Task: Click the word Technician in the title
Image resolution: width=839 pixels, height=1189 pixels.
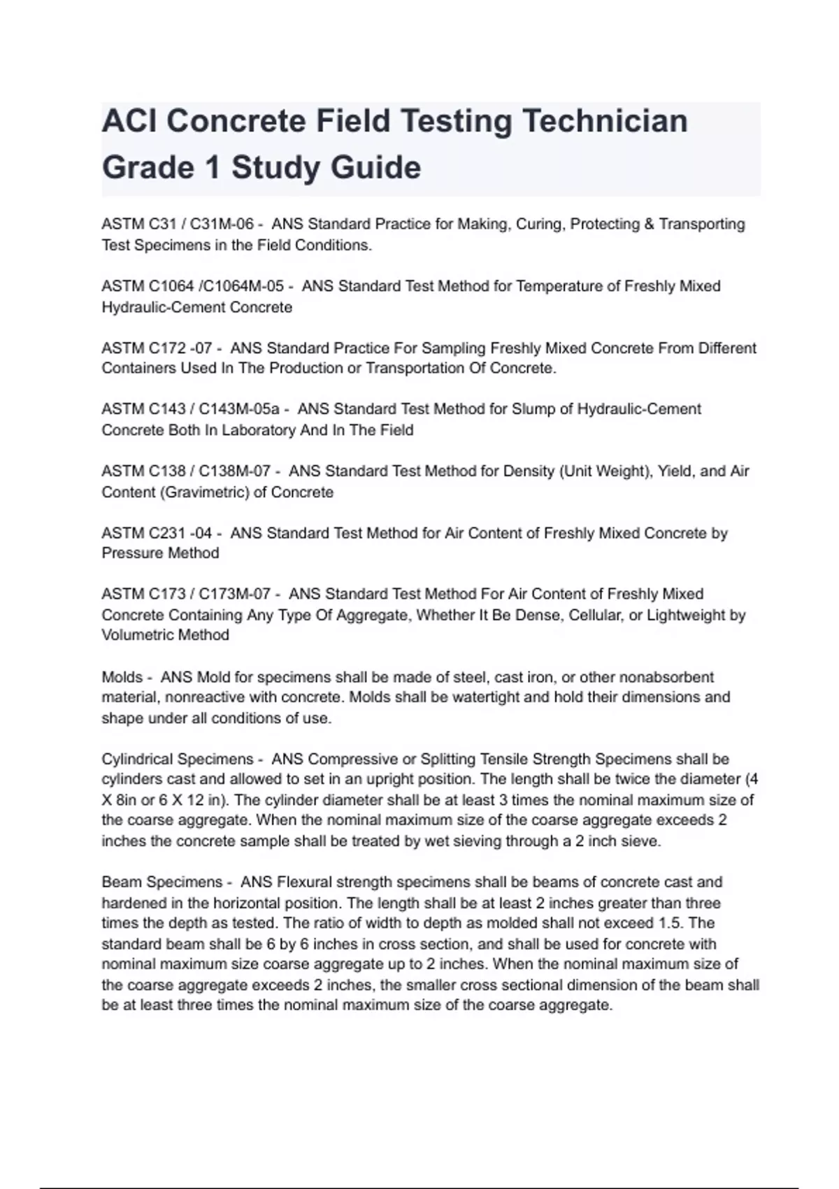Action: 605,121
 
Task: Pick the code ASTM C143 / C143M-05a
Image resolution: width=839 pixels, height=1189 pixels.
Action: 190,409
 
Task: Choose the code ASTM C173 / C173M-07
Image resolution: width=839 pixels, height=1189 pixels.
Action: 186,594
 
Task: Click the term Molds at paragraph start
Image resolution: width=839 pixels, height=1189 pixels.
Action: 122,677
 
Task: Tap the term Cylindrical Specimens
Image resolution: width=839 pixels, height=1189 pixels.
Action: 178,759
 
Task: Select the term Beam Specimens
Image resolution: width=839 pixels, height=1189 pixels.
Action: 162,882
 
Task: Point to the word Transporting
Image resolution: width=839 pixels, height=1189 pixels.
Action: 702,225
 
